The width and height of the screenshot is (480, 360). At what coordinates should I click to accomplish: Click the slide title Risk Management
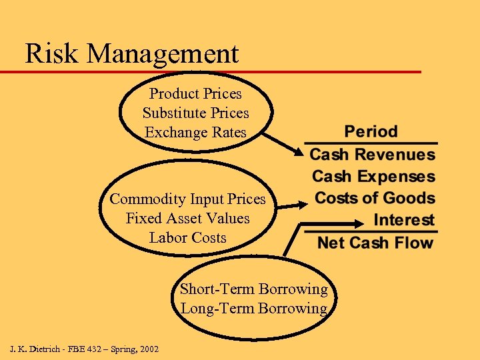point(131,53)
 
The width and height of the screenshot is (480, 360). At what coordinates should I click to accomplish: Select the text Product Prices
point(195,94)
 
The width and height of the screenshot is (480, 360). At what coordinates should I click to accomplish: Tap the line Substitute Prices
point(195,113)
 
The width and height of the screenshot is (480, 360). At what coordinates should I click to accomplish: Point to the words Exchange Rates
point(195,133)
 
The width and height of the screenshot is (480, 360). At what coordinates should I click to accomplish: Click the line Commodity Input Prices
point(187,199)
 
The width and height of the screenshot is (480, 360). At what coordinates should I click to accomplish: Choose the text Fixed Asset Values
point(187,219)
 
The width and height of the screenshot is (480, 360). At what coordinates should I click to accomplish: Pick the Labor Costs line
point(187,238)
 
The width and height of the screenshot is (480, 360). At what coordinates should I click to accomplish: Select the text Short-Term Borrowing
point(253,289)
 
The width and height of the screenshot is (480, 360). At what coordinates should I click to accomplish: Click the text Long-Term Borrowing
point(253,309)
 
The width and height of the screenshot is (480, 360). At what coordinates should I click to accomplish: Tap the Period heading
point(371,131)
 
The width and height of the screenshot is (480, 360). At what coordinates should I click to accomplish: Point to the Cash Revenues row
point(372,155)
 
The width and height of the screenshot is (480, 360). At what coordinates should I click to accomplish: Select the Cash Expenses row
point(373,177)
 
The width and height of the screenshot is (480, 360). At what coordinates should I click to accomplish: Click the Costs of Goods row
point(375,198)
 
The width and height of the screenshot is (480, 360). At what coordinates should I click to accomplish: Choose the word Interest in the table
point(404,220)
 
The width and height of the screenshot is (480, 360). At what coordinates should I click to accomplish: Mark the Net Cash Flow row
point(375,243)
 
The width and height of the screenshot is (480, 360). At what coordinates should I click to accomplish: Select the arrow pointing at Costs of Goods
point(293,207)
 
